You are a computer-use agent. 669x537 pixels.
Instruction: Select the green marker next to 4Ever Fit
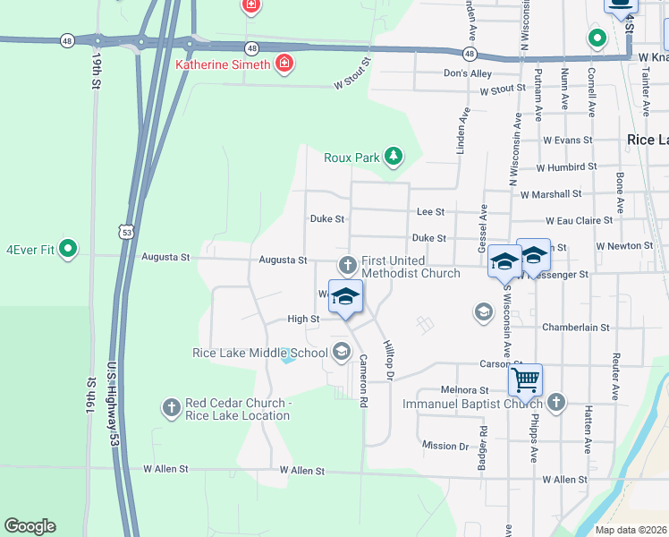click(68, 251)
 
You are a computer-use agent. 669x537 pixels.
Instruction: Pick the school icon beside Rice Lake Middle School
click(341, 353)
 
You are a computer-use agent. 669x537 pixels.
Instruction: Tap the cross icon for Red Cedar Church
click(171, 409)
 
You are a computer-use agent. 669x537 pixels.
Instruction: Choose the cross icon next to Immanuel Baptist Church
click(556, 403)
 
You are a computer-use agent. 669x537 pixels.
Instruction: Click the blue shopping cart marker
click(525, 379)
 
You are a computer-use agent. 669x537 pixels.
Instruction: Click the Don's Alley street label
click(468, 73)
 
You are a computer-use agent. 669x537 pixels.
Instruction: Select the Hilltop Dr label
click(389, 361)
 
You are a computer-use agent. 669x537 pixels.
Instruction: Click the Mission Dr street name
click(445, 446)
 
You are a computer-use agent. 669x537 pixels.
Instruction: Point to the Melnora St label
click(465, 390)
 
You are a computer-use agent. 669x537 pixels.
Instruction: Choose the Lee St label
click(430, 212)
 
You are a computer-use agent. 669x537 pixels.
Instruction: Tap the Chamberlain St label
click(575, 328)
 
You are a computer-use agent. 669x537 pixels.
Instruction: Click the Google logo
click(30, 526)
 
